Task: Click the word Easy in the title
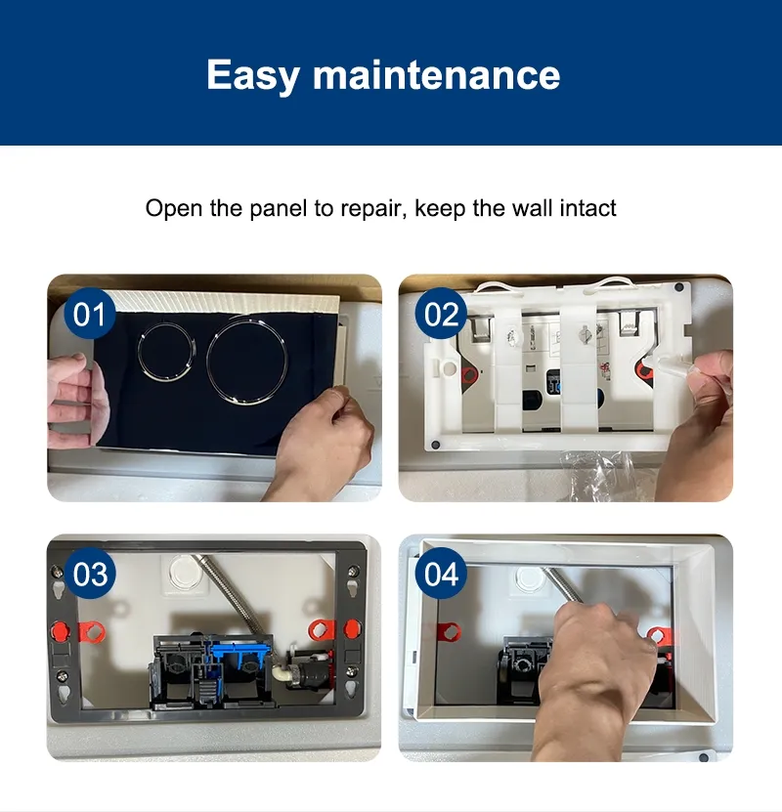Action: pos(253,76)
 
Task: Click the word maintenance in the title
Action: pos(436,75)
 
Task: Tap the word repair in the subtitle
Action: pos(372,209)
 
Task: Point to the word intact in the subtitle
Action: pos(587,208)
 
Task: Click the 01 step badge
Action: pos(90,314)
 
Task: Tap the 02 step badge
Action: pos(441,314)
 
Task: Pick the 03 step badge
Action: pos(90,574)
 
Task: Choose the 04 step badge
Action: pos(441,574)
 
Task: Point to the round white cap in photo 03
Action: pos(184,572)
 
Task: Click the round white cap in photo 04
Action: pos(528,578)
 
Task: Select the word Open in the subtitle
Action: pos(173,208)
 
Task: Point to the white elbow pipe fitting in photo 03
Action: pos(282,673)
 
